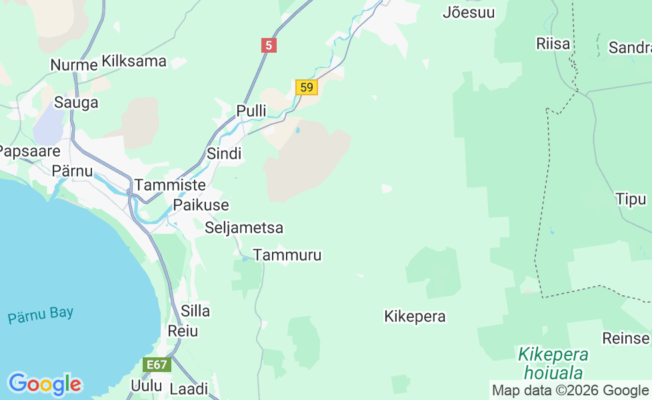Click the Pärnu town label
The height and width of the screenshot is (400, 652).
(x=72, y=171)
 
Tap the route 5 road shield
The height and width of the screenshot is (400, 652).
(x=269, y=45)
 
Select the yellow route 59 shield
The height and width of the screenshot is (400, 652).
(x=306, y=87)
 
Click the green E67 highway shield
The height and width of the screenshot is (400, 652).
(x=157, y=365)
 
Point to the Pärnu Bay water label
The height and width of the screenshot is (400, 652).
(x=41, y=315)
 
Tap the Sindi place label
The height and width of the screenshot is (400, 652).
(x=224, y=154)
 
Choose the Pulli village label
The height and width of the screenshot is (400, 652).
(x=251, y=111)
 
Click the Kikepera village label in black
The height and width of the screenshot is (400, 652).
(x=415, y=317)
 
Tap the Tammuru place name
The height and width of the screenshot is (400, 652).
(x=287, y=255)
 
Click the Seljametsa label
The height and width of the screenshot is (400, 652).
(x=244, y=228)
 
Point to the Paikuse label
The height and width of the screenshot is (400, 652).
(x=201, y=205)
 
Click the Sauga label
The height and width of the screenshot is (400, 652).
(x=76, y=103)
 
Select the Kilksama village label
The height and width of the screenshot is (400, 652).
(x=134, y=62)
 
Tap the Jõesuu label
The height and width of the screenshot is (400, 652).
(x=469, y=12)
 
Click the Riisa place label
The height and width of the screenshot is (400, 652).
(x=553, y=44)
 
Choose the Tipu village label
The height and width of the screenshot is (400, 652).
(x=631, y=199)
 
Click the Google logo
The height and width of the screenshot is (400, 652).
(x=45, y=384)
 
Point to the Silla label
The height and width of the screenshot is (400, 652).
(x=195, y=311)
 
